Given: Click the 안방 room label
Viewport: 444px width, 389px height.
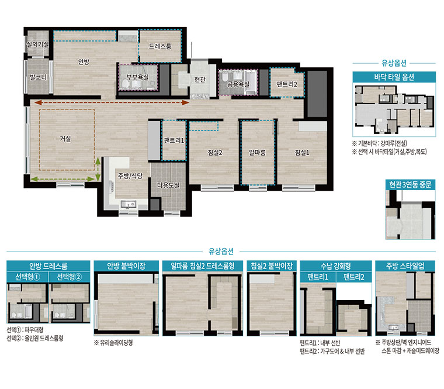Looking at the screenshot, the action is [x=84, y=61].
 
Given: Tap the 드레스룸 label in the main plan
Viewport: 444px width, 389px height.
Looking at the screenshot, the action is [x=160, y=46].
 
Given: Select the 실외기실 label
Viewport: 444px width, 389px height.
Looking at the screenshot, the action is [x=37, y=44].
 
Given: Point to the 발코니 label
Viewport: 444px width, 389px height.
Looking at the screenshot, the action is [x=38, y=77].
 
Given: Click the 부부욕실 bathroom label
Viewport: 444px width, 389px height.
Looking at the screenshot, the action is [x=138, y=77].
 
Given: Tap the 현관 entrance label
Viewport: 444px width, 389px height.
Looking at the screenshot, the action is [x=200, y=80].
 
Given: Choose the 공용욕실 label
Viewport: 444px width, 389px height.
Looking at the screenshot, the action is [x=238, y=84].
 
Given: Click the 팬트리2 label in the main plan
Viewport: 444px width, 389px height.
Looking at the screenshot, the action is [x=287, y=84].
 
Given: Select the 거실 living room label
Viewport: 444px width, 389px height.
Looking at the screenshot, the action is [x=65, y=139].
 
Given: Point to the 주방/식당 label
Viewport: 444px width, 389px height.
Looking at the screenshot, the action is [x=130, y=176].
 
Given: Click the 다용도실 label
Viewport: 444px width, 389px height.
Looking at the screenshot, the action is [x=168, y=185].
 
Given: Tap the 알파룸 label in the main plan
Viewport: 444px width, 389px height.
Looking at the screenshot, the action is [x=257, y=153].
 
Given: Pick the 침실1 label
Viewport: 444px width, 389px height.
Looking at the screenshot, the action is [x=302, y=153].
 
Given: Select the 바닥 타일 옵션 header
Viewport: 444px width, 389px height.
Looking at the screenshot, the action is [x=394, y=77].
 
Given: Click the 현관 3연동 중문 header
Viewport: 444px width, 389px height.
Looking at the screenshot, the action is [x=410, y=185].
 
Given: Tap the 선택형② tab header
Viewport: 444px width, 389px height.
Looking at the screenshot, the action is [x=70, y=277].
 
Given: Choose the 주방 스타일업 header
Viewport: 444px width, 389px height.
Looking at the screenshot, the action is [x=405, y=266].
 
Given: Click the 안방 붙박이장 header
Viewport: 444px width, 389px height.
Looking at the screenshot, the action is [x=126, y=266].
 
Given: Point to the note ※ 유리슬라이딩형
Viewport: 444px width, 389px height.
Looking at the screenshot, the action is [x=113, y=343].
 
